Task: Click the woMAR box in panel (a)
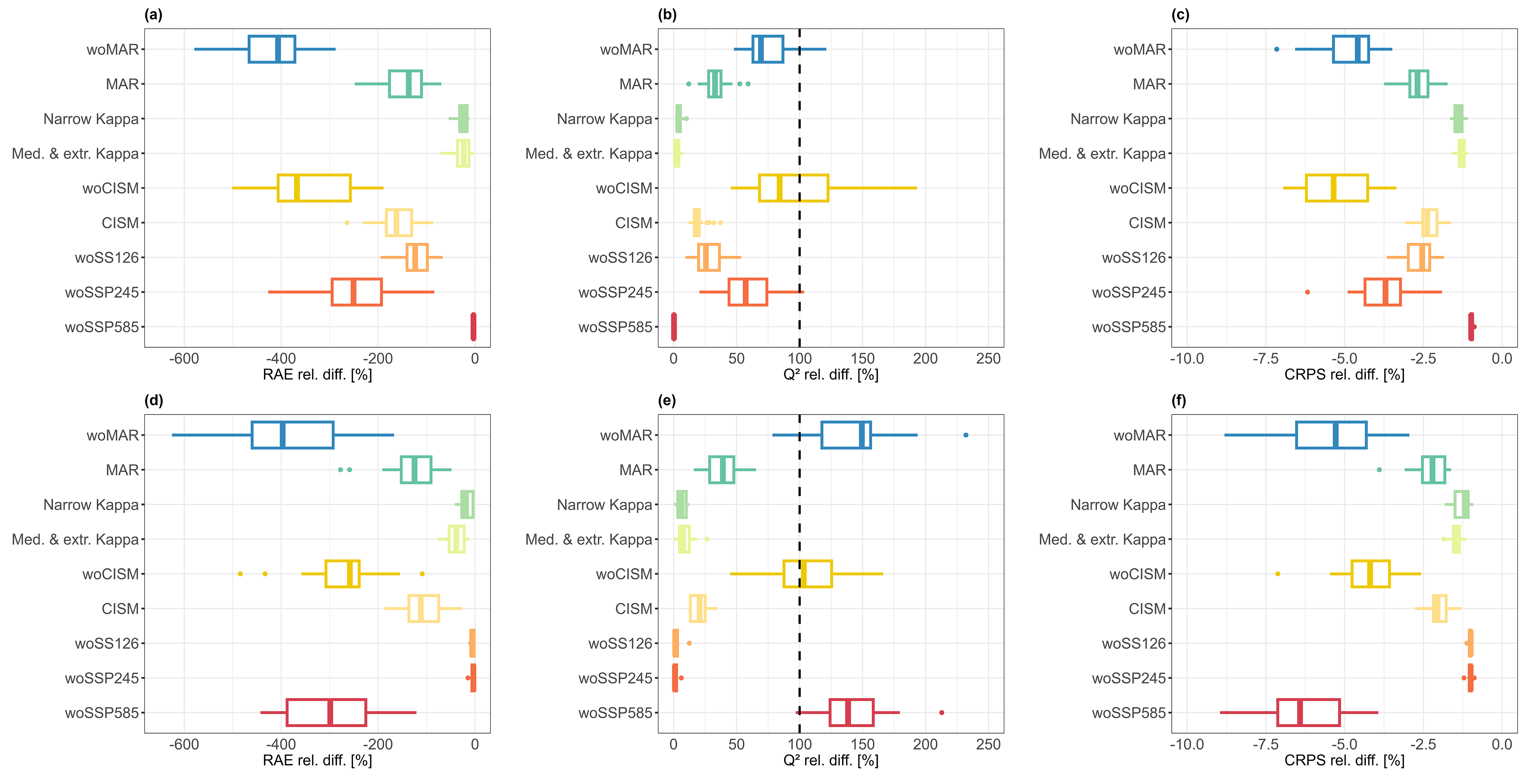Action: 272,49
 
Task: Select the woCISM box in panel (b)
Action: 793,188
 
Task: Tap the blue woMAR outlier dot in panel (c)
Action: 1276,49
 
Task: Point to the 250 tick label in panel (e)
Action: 989,744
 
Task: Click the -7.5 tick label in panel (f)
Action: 1265,744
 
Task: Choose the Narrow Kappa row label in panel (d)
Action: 91,505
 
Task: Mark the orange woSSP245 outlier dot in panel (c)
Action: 1307,292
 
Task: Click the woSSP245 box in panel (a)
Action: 356,292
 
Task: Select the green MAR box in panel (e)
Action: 722,470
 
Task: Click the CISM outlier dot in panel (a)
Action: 347,223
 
